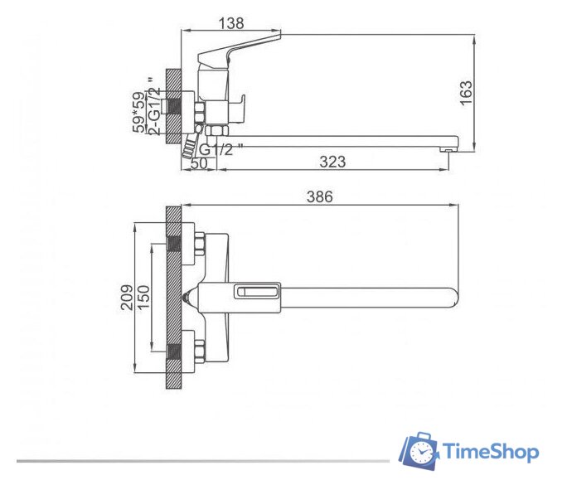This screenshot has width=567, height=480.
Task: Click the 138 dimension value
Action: click(x=231, y=23)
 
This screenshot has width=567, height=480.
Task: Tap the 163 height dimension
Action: click(x=466, y=93)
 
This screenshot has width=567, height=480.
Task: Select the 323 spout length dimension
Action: click(x=332, y=162)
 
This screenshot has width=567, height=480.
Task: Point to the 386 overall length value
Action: click(x=320, y=196)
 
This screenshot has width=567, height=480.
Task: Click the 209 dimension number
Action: click(x=127, y=298)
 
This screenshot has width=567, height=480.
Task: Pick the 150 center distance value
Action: click(x=143, y=298)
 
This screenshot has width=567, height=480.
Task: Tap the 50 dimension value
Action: click(x=199, y=163)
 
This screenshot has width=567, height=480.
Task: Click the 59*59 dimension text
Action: click(x=138, y=113)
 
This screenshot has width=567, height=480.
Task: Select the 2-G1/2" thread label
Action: click(x=154, y=106)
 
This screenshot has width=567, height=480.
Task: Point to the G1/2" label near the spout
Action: click(x=221, y=148)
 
